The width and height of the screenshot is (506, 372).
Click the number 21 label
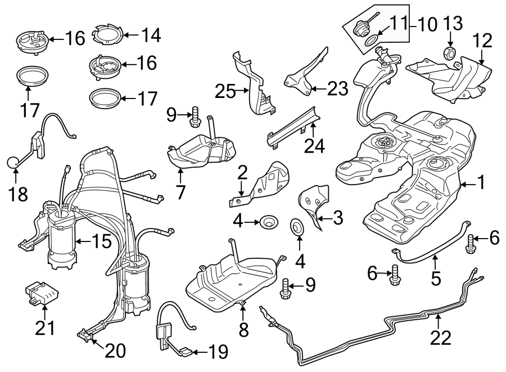click(45, 327)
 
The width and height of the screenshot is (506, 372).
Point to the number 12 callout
click(482, 41)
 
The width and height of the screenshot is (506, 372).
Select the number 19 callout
click(218, 353)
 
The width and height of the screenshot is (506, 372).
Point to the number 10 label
click(427, 24)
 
